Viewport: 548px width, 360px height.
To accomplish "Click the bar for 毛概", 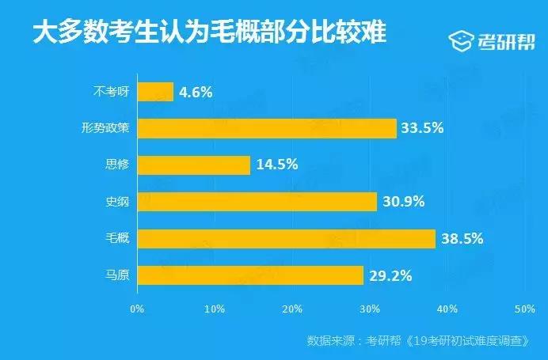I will [x=286, y=239].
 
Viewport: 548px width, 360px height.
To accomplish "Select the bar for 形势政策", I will [x=267, y=128].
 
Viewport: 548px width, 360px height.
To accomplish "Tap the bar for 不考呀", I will [x=155, y=92].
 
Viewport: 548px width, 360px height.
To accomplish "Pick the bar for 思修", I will [x=194, y=165].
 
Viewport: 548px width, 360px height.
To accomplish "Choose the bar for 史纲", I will [x=257, y=202].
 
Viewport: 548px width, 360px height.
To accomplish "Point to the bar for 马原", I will [x=250, y=275].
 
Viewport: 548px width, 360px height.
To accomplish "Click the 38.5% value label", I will [x=462, y=239].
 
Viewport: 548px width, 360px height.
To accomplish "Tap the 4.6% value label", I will [x=196, y=92].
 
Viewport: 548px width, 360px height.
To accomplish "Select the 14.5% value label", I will [x=276, y=165].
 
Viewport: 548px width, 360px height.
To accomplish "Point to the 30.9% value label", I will [x=403, y=202].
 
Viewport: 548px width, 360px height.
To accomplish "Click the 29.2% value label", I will [x=390, y=275].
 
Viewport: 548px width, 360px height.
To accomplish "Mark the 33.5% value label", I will [x=423, y=128].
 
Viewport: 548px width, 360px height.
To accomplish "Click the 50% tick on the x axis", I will [x=525, y=308].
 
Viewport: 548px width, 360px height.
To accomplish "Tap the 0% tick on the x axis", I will [x=138, y=308].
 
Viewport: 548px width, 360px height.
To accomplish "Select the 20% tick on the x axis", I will [x=292, y=308].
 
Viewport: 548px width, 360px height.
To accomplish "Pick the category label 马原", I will [x=116, y=275].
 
